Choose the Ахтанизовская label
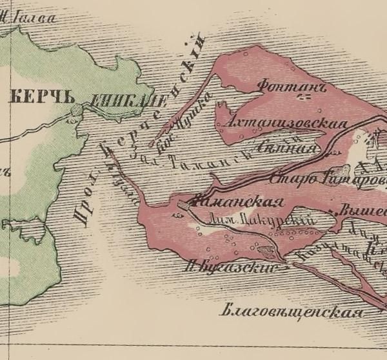click(284, 123)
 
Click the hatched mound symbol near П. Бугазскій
click(264, 248)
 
